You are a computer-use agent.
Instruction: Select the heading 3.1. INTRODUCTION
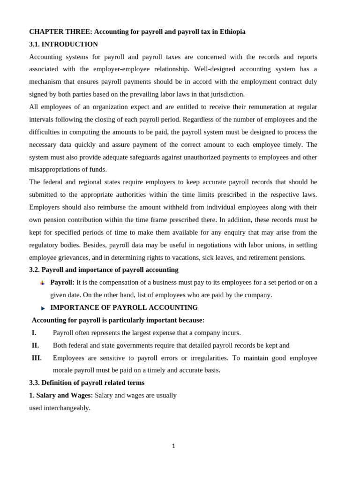click(x=63, y=45)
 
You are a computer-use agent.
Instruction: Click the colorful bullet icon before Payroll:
click(x=42, y=283)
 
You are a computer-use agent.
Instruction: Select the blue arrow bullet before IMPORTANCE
click(x=43, y=308)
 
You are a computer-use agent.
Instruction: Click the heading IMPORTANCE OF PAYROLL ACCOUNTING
click(x=124, y=308)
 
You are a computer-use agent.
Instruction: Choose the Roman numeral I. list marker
click(x=34, y=333)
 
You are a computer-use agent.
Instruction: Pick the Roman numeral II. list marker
click(x=35, y=345)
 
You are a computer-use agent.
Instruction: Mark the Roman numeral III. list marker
click(x=37, y=358)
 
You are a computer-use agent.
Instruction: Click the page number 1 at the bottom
click(x=173, y=446)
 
